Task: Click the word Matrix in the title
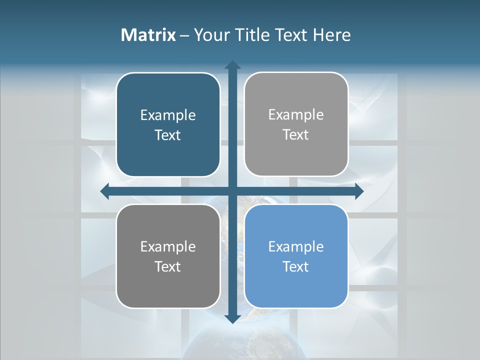148,35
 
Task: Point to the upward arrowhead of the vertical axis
232,64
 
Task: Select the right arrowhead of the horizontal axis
358,191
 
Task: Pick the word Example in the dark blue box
168,115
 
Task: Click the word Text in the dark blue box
168,135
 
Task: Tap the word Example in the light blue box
296,246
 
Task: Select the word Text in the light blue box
296,266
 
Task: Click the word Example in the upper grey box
296,115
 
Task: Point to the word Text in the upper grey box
296,135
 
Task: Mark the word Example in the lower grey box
168,246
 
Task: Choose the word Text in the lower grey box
168,266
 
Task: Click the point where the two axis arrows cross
232,191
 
